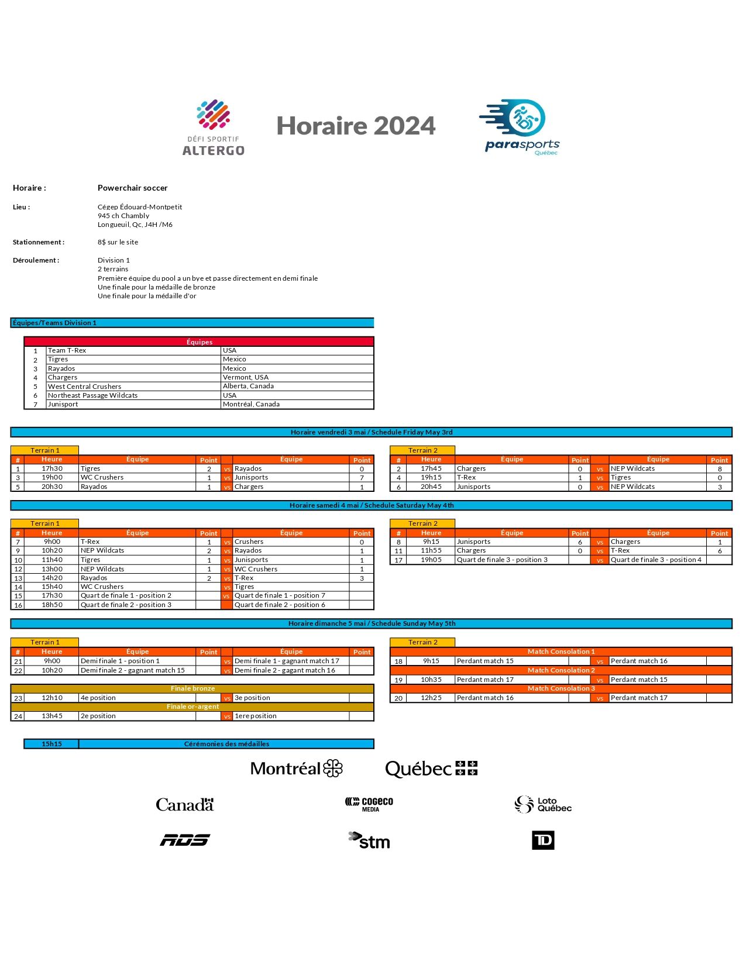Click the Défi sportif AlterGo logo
(x=214, y=127)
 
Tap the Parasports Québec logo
(x=520, y=127)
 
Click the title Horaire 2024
(x=356, y=126)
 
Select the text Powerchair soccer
(x=132, y=188)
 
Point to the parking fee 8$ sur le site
(x=118, y=242)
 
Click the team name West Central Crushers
(x=84, y=387)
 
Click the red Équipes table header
(x=199, y=342)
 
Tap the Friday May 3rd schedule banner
(x=371, y=432)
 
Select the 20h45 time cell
(x=431, y=487)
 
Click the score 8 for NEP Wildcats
(x=720, y=468)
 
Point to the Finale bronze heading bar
(x=192, y=688)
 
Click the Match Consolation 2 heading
(x=561, y=670)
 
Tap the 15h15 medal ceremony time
(x=51, y=744)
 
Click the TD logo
(x=543, y=840)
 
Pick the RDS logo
(x=185, y=840)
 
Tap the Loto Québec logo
(x=542, y=805)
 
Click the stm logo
(x=369, y=840)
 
